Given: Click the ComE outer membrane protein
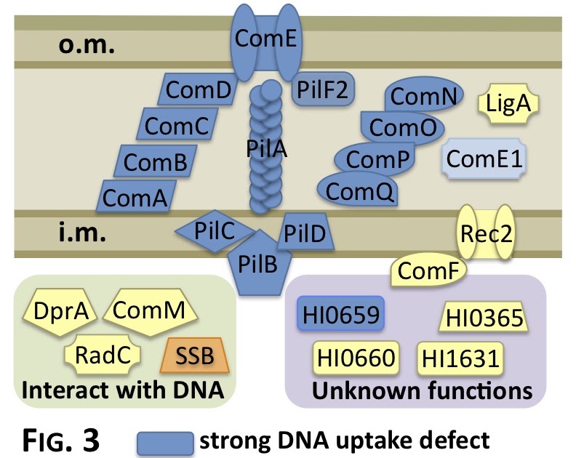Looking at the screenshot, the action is click(x=265, y=41).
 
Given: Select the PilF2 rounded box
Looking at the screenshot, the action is click(x=323, y=89).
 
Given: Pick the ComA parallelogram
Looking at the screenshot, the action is click(x=136, y=196).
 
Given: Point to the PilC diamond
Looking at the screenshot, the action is click(x=215, y=231).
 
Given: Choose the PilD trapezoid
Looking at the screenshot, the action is click(x=305, y=233).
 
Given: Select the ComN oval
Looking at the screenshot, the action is click(x=424, y=95).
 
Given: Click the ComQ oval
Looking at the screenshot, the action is click(x=358, y=190).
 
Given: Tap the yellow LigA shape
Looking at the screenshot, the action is click(x=508, y=103).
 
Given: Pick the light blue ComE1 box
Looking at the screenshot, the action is click(x=484, y=158).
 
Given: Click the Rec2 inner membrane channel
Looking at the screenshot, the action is click(x=486, y=233).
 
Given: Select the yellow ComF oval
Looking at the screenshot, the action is click(x=428, y=270).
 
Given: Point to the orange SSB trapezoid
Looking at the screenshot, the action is click(x=195, y=355).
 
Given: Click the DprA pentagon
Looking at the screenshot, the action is click(x=60, y=311).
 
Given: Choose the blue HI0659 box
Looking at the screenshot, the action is click(x=341, y=314).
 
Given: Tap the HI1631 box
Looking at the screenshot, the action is click(x=460, y=358).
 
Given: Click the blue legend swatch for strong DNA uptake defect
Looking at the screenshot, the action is click(x=165, y=443).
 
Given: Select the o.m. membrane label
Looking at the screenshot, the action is click(x=87, y=45).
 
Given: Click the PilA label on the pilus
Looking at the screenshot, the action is click(x=267, y=149).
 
